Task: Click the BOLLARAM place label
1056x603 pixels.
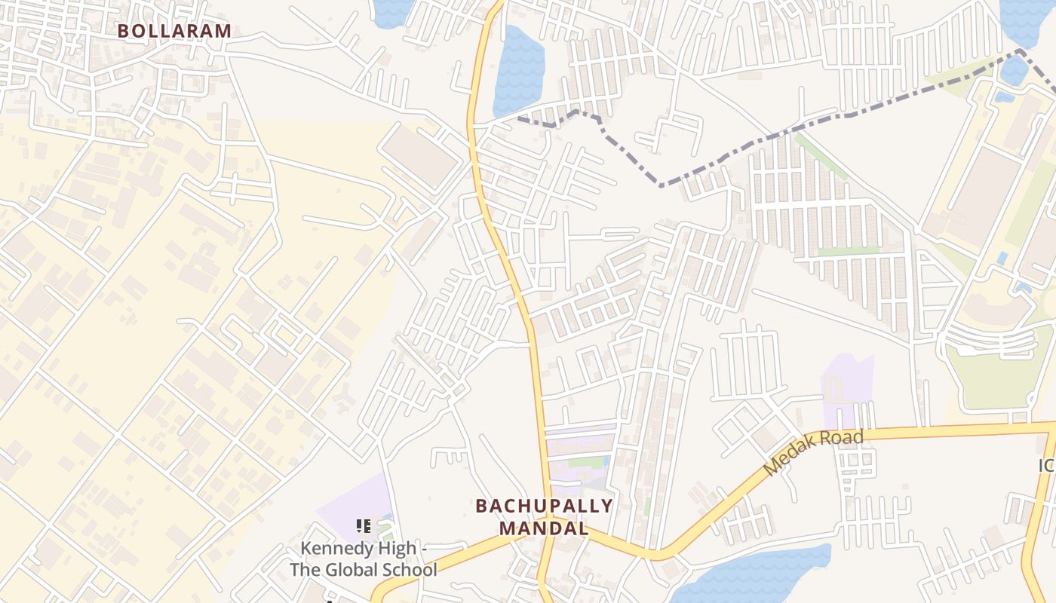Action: (174, 31)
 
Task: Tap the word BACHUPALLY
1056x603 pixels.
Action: (544, 506)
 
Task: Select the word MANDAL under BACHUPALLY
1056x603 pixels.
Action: (544, 528)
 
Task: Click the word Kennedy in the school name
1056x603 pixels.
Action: (336, 548)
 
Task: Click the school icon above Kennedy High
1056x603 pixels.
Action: (363, 525)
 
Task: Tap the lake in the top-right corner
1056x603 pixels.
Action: (1026, 19)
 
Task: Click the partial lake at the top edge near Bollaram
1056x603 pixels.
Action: (391, 11)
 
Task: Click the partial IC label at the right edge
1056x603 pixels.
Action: (1046, 466)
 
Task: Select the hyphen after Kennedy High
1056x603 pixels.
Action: (424, 548)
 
